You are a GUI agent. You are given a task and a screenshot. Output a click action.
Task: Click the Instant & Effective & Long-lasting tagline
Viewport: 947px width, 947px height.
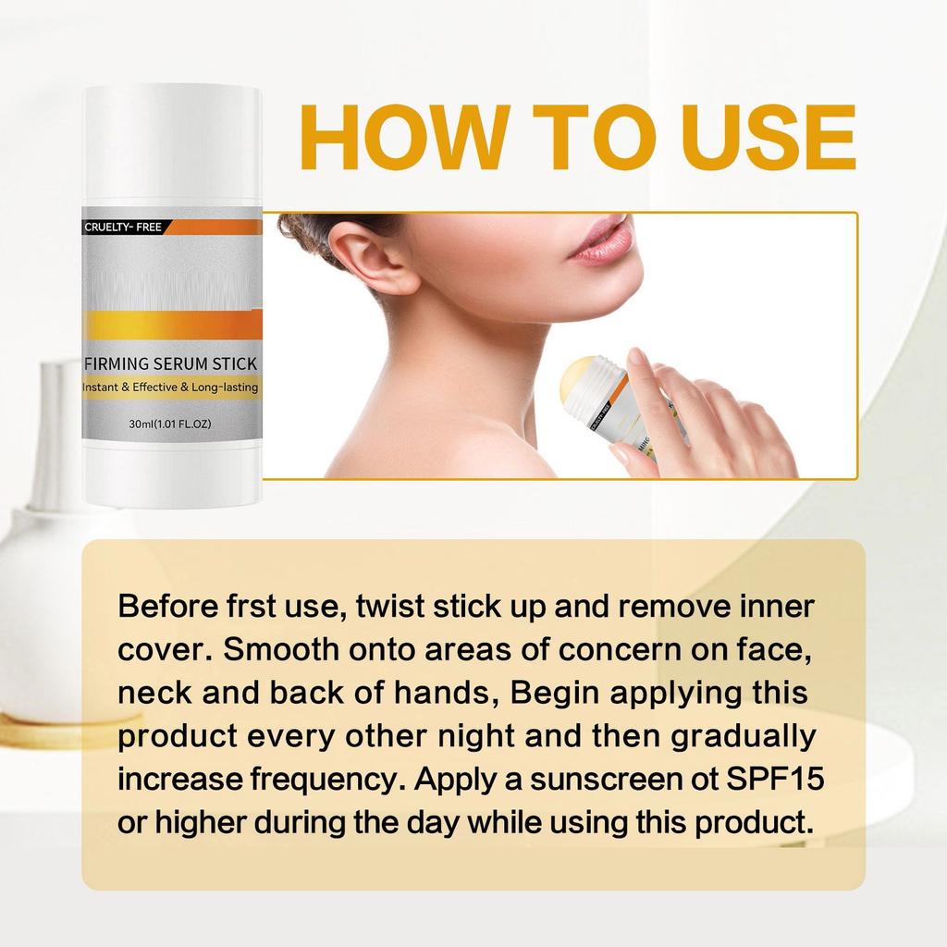pos(171,387)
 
